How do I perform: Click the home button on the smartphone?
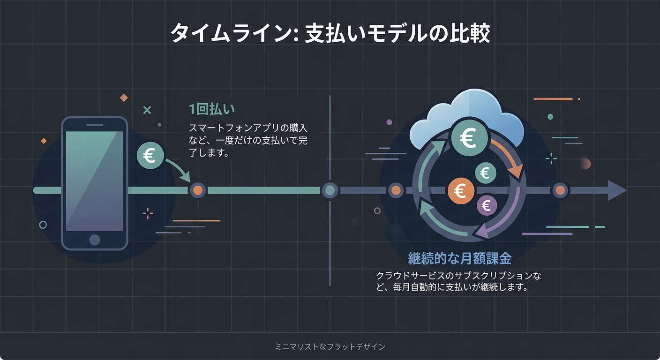(95, 240)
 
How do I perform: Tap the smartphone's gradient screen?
(95, 180)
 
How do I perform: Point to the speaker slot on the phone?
(95, 125)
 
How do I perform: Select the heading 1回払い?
(211, 109)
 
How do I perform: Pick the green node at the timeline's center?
(330, 190)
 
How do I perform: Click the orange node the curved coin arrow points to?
(197, 190)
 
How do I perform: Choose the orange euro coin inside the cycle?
(461, 191)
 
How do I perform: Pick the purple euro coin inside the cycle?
(487, 205)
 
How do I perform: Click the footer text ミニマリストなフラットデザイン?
(330, 347)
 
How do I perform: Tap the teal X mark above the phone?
(147, 110)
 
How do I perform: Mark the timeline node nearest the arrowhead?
(560, 190)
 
